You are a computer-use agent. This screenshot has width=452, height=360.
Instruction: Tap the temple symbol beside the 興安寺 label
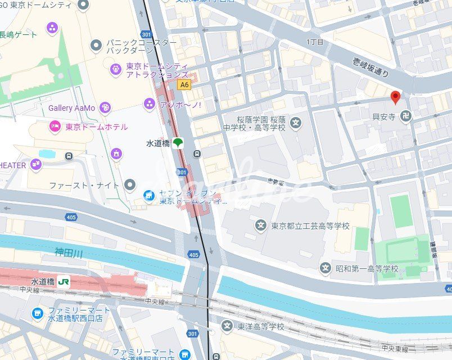(x=406, y=116)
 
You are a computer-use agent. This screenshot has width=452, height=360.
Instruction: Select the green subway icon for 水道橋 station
(x=178, y=143)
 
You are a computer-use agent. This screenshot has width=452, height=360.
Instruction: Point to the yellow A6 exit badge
(x=183, y=85)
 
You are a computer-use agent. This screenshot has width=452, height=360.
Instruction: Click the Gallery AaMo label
(x=71, y=107)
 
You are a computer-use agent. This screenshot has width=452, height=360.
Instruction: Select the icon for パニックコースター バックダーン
(x=96, y=44)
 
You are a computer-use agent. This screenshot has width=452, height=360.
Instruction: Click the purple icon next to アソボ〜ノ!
(x=150, y=103)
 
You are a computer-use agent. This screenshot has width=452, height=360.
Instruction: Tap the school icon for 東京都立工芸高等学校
(x=261, y=226)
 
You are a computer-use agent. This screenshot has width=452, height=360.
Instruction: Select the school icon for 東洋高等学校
(x=227, y=326)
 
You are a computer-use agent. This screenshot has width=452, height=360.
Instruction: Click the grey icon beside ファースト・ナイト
(x=130, y=184)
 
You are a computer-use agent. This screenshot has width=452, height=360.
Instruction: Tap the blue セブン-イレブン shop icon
(x=149, y=195)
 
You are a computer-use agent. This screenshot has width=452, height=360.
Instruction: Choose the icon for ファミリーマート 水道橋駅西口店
(x=38, y=313)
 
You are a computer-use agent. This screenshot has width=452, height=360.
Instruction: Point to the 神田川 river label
(x=69, y=254)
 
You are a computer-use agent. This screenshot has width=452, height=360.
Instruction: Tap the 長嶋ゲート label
(x=19, y=35)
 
